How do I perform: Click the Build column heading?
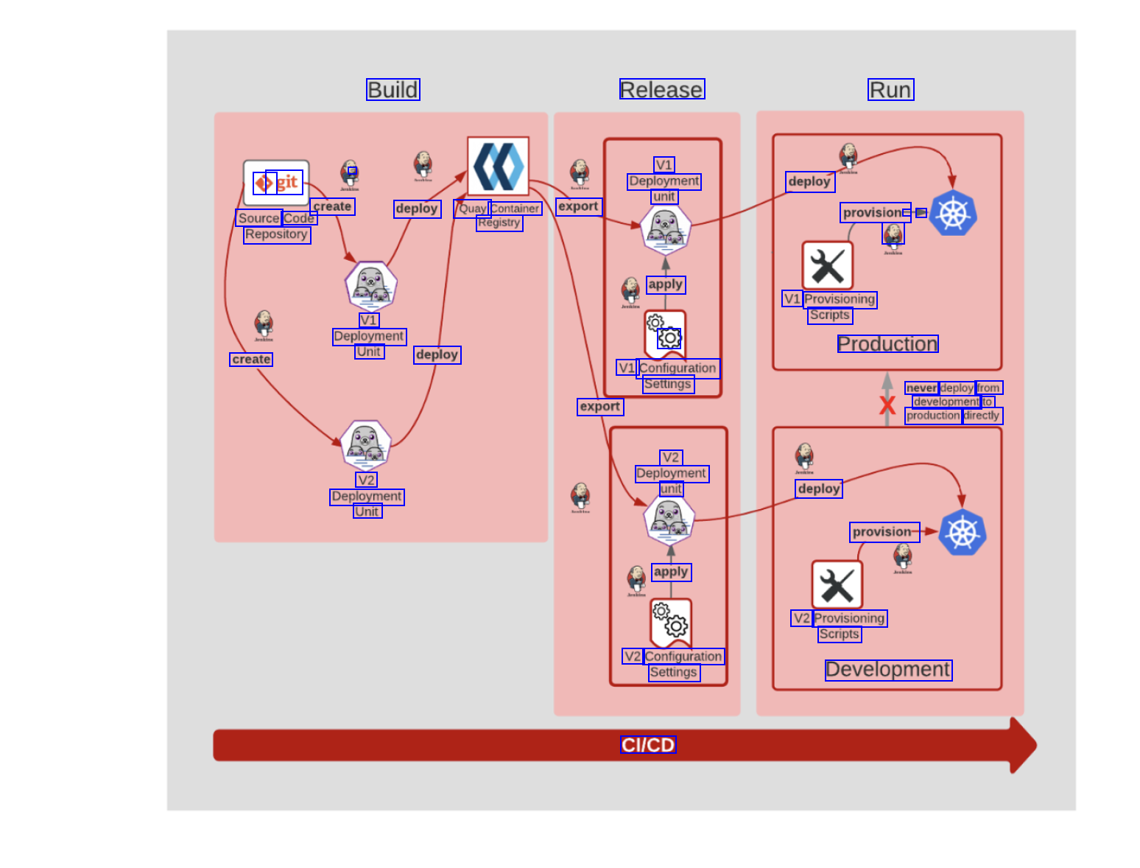coord(393,90)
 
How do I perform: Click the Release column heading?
coord(662,90)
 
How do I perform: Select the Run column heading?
coord(890,90)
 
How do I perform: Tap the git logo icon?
coord(276,183)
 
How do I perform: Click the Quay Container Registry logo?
coord(499,167)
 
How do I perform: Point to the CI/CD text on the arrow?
coord(648,745)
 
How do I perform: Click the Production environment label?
coord(887,344)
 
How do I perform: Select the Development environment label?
coord(888,670)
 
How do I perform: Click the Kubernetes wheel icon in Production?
coord(953,214)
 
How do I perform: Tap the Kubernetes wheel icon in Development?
coord(963,533)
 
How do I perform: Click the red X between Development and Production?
coord(887,405)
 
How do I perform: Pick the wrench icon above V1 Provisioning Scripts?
coord(828,266)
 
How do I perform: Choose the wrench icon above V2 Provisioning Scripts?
coord(837,585)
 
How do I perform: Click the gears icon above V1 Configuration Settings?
coord(665,332)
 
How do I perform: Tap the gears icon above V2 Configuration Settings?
coord(671,620)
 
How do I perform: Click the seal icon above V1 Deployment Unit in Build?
coord(371,285)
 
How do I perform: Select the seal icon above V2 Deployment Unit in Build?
coord(366,445)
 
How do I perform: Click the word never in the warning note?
coord(921,388)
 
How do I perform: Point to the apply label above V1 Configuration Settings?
coord(666,284)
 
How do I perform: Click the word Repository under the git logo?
coord(277,235)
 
